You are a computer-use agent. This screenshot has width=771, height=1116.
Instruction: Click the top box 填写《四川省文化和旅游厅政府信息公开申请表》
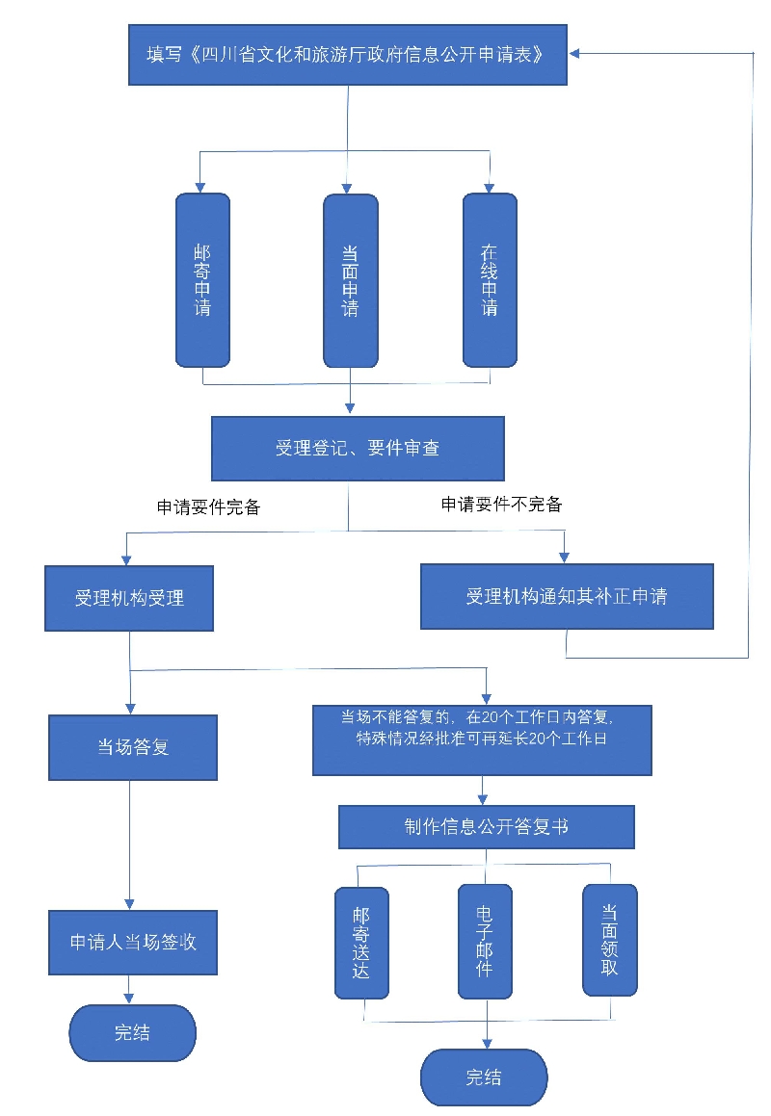[348, 55]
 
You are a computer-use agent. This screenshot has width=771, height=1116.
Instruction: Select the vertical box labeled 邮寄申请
[202, 280]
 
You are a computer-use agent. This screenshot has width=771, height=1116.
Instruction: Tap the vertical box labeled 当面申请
[350, 280]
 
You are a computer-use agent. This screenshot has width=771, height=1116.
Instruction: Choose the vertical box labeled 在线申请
[490, 280]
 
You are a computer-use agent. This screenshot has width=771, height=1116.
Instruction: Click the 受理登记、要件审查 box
[358, 448]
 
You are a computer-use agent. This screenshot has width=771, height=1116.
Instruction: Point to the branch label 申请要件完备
[209, 507]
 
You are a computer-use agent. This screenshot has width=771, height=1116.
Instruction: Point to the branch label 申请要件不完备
[501, 504]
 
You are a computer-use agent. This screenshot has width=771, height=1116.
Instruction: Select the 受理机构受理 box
[129, 598]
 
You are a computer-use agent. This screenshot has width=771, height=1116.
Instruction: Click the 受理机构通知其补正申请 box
[567, 597]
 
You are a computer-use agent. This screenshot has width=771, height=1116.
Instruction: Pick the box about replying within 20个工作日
[482, 740]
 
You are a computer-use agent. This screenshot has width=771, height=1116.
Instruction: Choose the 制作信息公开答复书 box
[486, 827]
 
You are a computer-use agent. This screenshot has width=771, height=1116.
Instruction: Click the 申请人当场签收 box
[133, 942]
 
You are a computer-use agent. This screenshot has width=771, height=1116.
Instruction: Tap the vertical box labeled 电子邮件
[485, 940]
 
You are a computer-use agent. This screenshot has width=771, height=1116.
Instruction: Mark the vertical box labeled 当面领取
[609, 939]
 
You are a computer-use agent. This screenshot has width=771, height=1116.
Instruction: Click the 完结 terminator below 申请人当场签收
[132, 1033]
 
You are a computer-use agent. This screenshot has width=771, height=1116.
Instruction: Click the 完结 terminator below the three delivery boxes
[484, 1077]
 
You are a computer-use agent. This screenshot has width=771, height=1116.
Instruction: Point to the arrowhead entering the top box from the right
[576, 54]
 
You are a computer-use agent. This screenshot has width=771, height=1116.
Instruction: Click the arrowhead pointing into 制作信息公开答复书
[484, 799]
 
